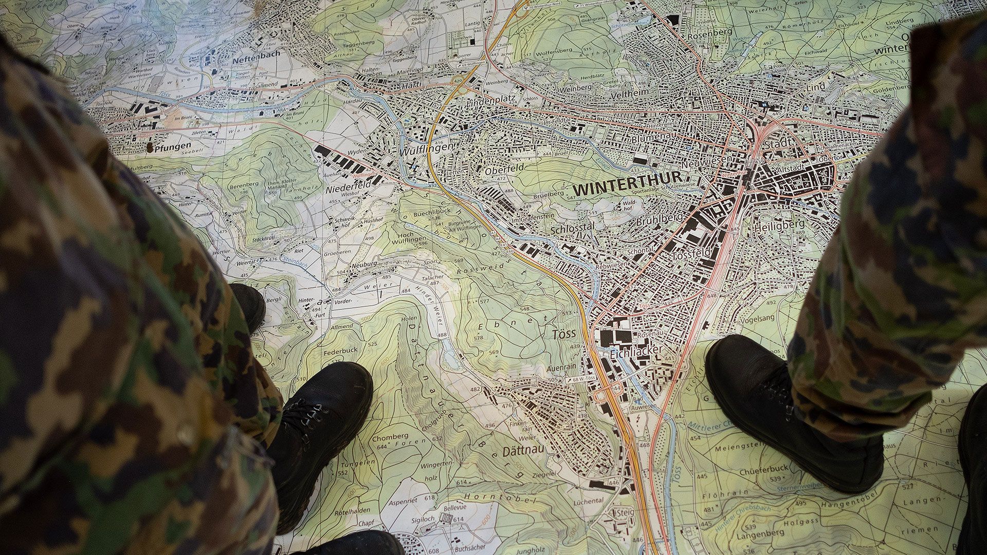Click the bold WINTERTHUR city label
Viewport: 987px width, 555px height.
[627, 186]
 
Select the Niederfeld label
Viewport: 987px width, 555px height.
[348, 188]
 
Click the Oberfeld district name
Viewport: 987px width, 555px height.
[504, 168]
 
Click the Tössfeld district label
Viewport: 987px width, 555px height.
[691, 254]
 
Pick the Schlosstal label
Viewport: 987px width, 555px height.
[572, 229]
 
